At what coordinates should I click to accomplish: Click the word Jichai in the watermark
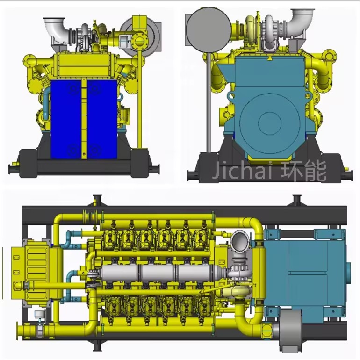(x=242, y=171)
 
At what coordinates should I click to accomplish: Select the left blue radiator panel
(x=66, y=119)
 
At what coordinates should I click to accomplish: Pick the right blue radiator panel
(x=102, y=119)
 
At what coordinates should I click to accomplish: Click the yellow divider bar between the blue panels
(x=84, y=119)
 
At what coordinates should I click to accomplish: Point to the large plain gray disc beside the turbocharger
(x=209, y=30)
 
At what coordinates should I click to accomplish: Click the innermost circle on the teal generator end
(x=270, y=123)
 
